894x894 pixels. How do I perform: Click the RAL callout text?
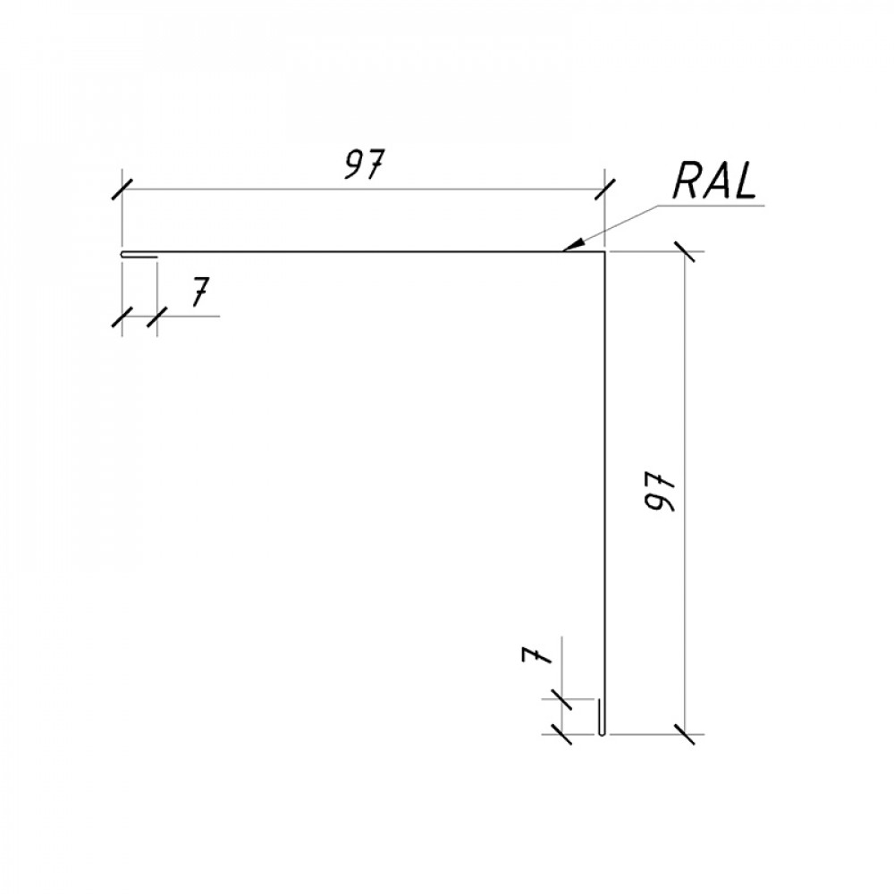coord(714,180)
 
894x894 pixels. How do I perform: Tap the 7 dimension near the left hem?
coord(198,291)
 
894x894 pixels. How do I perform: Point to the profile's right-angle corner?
coord(603,251)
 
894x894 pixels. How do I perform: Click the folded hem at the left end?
coord(139,254)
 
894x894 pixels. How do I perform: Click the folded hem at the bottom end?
coord(601,717)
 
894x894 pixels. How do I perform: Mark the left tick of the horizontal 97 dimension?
coord(122,189)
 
